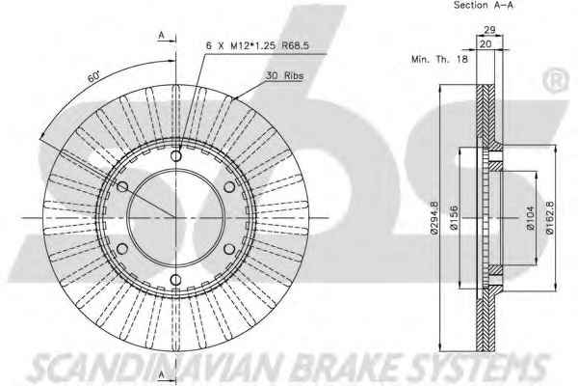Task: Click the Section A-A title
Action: tap(483, 5)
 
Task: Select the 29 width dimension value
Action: tap(489, 30)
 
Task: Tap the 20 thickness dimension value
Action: tap(486, 44)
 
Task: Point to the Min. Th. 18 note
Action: tap(439, 59)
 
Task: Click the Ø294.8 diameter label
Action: tap(434, 217)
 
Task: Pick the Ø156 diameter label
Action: tap(455, 218)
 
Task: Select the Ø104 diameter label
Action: tap(531, 218)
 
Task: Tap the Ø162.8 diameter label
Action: tap(550, 217)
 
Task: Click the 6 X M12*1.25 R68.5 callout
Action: tap(257, 45)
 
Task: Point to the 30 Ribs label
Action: tap(284, 75)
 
